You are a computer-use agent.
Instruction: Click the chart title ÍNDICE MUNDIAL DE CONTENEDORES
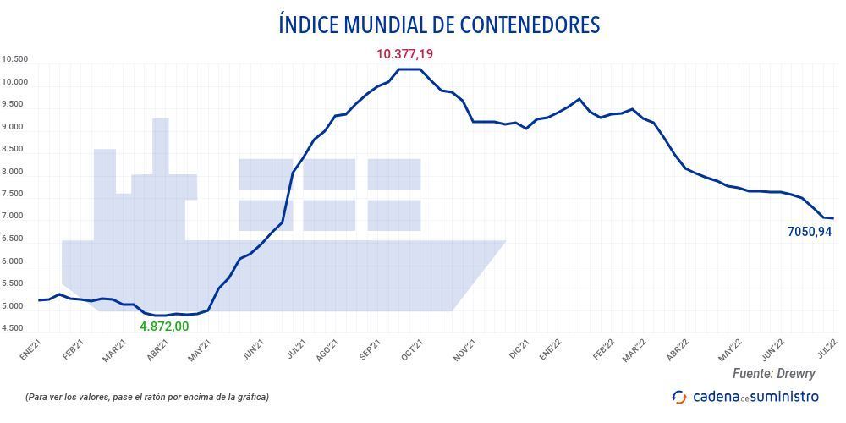[439, 25]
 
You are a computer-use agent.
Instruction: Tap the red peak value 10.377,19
[404, 54]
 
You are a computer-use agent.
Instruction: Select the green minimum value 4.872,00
[164, 326]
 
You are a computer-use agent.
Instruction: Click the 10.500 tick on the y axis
[15, 59]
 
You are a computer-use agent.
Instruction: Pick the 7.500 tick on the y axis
[15, 195]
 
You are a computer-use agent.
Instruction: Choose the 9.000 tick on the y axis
[15, 127]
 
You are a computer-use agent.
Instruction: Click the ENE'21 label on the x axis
[30, 349]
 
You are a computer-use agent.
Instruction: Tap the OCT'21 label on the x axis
[411, 349]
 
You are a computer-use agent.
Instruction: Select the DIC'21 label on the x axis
[519, 348]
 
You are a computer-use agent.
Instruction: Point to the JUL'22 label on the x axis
[826, 349]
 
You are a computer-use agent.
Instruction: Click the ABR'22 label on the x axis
[678, 349]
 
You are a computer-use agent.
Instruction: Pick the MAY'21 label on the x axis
[199, 349]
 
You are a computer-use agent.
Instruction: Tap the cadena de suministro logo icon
[679, 396]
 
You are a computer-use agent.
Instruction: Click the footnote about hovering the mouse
[147, 396]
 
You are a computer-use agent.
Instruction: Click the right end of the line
[833, 218]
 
